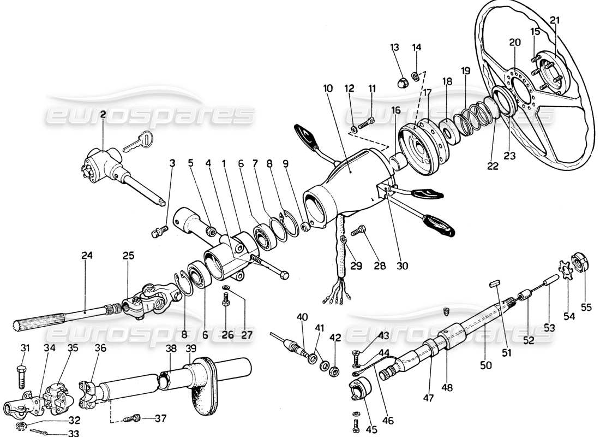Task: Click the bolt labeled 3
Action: (156, 233)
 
